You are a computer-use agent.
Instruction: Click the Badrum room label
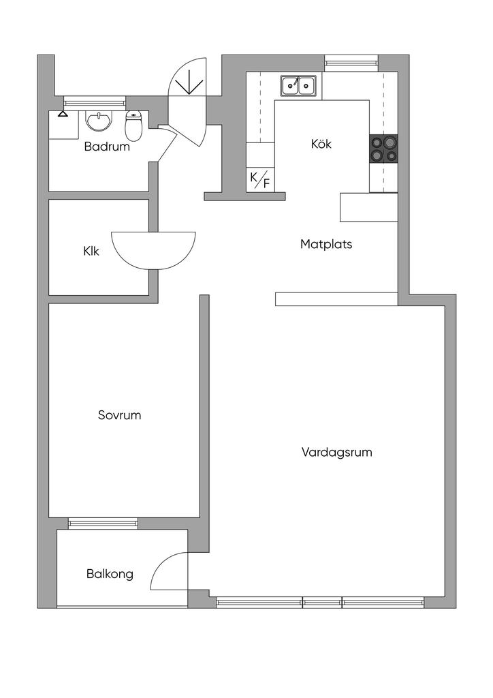[x=107, y=146]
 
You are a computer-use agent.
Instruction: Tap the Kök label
[x=321, y=144]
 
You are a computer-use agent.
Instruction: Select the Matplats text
[x=326, y=243]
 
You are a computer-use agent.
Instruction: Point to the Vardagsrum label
[x=336, y=451]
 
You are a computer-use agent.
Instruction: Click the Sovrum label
[x=119, y=414]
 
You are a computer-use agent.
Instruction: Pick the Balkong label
[x=110, y=574]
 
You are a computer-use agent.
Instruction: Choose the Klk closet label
[x=91, y=251]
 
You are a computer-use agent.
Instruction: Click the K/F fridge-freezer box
[x=260, y=180]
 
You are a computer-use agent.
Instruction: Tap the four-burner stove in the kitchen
[x=383, y=149]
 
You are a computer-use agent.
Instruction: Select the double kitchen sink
[x=298, y=86]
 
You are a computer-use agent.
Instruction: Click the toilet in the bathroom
[x=133, y=125]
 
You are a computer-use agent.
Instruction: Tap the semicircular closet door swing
[x=153, y=249]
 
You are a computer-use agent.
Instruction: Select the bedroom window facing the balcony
[x=103, y=523]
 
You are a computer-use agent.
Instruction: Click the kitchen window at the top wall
[x=351, y=63]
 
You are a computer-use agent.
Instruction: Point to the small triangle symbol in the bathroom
[x=63, y=113]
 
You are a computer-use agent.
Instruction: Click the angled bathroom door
[x=167, y=141]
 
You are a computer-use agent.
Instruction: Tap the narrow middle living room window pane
[x=322, y=603]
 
